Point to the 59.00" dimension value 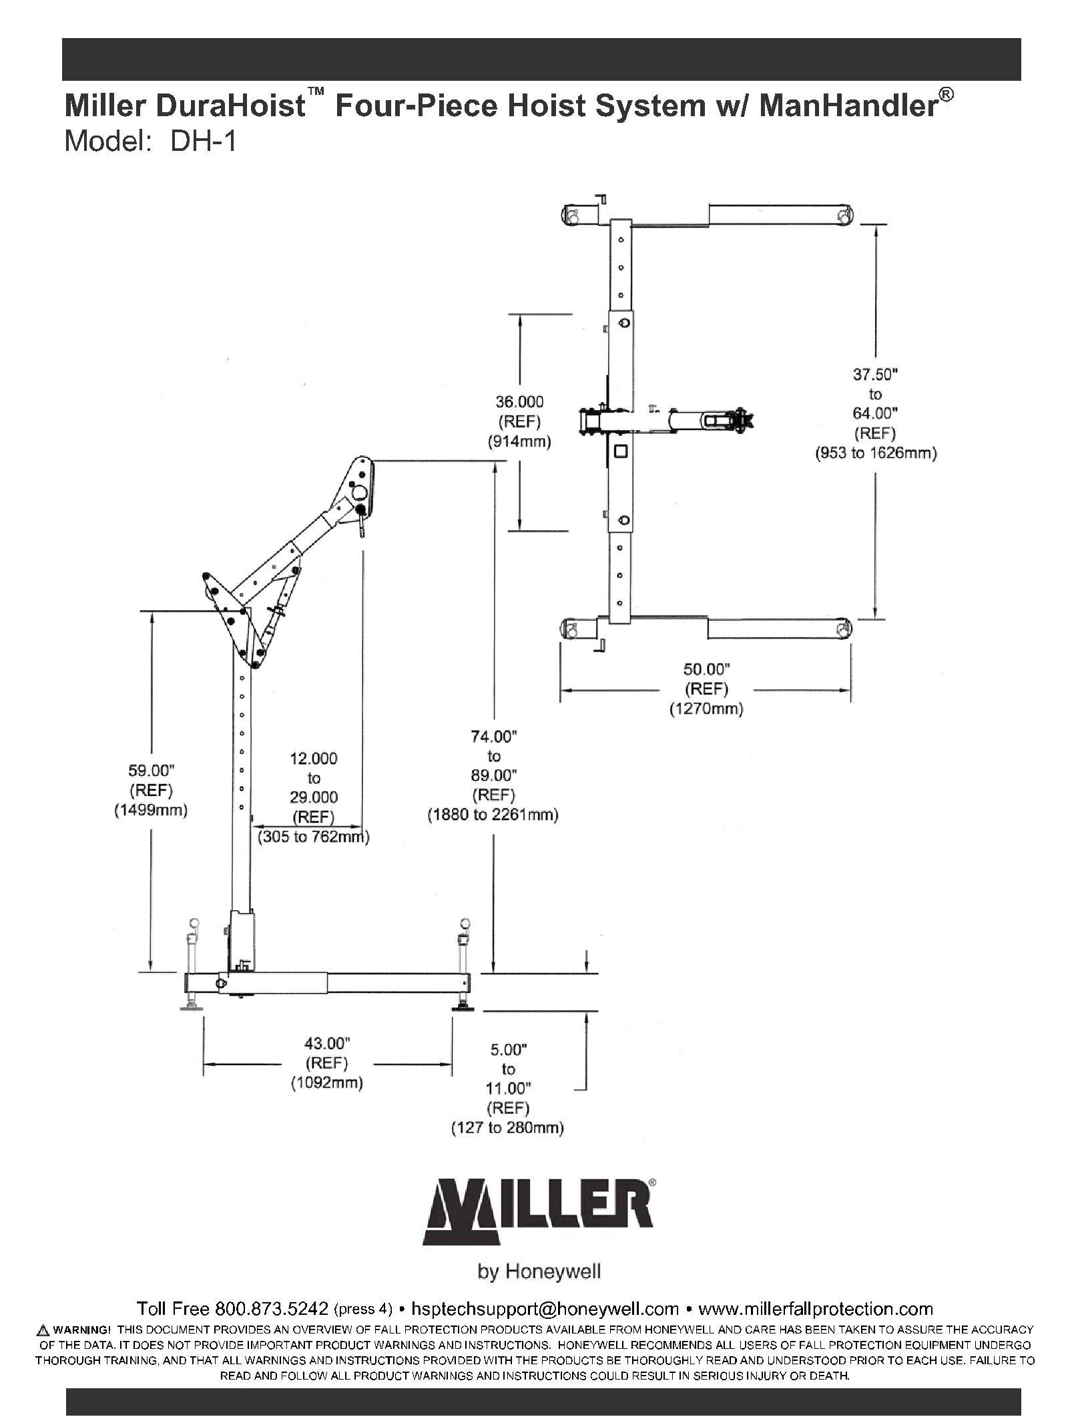coord(150,771)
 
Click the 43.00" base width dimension coord(327,1043)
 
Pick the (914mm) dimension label coord(519,441)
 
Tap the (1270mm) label coord(706,708)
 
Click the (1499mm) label coord(150,811)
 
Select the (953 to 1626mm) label coord(875,453)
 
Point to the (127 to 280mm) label coord(507,1128)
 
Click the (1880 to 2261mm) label coord(493,815)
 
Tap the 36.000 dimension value coord(519,402)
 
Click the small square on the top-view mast coord(621,451)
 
